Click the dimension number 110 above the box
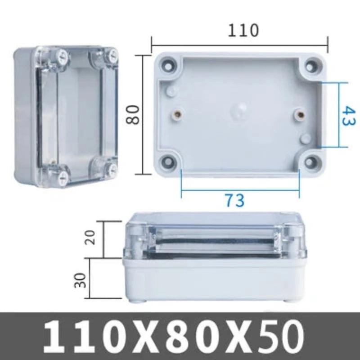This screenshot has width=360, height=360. pyautogui.click(x=243, y=30)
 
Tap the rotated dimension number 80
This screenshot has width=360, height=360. pyautogui.click(x=134, y=114)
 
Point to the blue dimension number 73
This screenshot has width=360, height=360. pyautogui.click(x=234, y=200)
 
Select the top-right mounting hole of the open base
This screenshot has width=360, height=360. pyautogui.click(x=311, y=66)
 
